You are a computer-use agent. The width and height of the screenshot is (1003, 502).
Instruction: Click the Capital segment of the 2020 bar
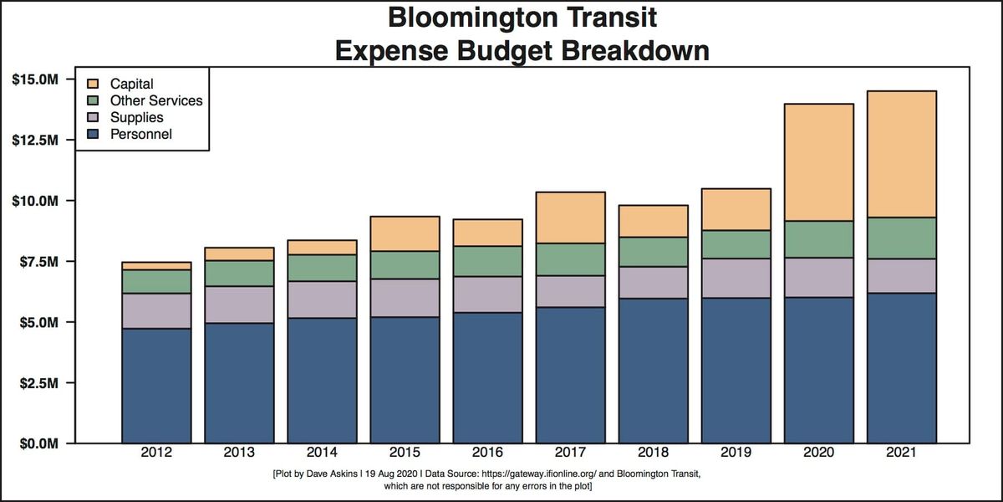tap(818, 162)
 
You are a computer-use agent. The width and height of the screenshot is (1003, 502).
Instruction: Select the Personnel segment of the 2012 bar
tap(156, 386)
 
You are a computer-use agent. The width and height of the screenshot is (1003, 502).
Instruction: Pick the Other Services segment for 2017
tap(570, 259)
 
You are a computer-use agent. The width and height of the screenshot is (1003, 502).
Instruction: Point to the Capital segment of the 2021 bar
tap(901, 154)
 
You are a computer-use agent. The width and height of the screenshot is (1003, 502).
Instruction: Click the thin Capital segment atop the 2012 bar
tap(156, 266)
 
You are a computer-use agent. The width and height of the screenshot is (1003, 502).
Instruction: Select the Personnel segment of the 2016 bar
tap(487, 377)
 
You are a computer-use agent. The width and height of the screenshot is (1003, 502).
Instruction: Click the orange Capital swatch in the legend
tap(93, 84)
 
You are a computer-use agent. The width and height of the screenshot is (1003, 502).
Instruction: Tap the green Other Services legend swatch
tap(93, 100)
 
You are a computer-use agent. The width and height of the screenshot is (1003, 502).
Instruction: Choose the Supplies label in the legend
tap(136, 117)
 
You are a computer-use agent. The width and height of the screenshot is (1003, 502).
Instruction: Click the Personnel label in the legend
tap(140, 134)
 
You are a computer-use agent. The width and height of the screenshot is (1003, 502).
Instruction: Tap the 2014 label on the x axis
tap(322, 453)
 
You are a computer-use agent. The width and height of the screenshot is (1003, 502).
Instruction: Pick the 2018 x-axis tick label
tap(653, 453)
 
